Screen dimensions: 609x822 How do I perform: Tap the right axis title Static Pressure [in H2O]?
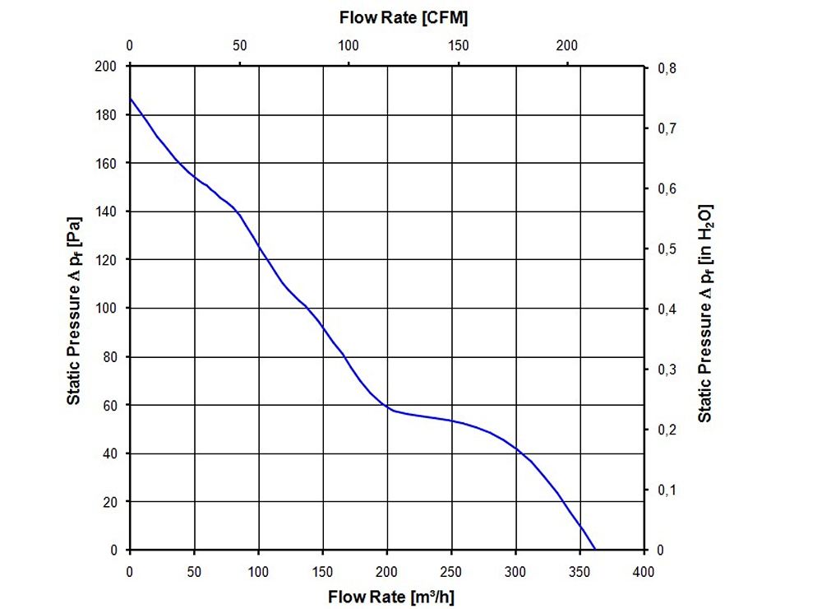705,312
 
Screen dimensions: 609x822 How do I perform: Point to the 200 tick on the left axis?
109,66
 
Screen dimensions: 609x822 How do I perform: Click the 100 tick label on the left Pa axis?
109,309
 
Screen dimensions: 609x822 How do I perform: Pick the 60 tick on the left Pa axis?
112,405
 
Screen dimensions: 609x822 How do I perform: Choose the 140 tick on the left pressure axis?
109,212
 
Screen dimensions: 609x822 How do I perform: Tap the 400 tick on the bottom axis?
644,571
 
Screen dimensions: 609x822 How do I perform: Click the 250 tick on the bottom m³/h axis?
451,571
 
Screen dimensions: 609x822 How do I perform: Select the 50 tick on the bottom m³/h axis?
194,571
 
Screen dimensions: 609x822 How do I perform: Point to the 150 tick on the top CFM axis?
458,46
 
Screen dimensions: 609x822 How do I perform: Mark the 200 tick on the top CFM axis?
567,46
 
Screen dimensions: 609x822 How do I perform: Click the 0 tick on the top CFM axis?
130,46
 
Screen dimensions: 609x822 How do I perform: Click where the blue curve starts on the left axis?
131,99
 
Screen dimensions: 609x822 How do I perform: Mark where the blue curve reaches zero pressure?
594,549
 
